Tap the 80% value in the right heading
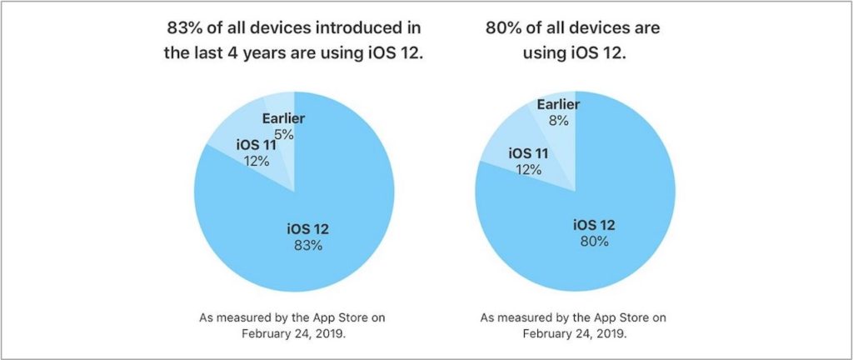503,28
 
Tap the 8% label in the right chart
558,120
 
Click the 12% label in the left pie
256,161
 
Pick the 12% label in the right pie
528,169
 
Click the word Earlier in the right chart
558,104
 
